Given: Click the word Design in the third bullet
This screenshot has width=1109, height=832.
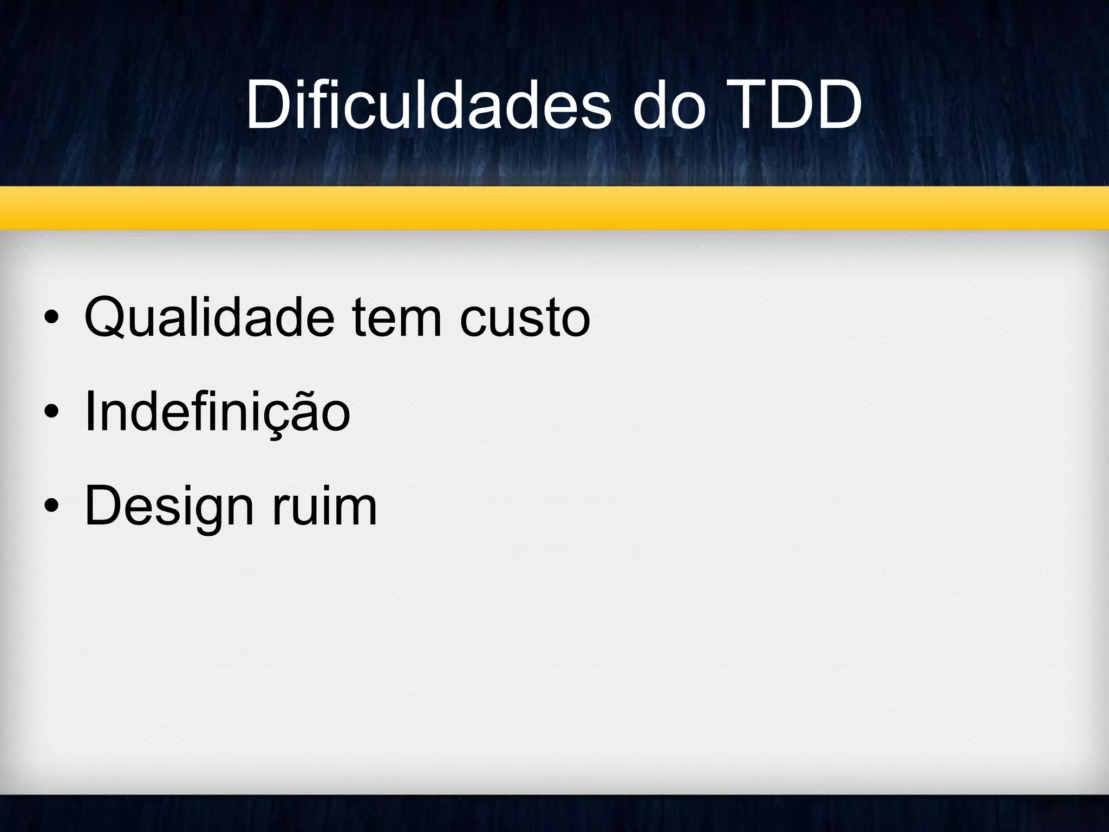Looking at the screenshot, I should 168,506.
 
